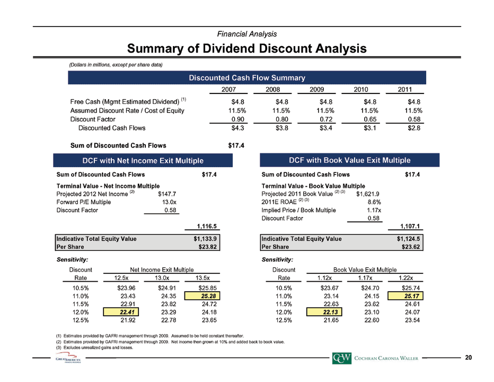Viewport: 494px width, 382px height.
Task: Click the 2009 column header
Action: (x=316, y=89)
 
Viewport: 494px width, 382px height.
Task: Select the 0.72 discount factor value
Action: (x=326, y=119)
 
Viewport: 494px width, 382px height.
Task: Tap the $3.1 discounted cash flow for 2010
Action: (x=370, y=128)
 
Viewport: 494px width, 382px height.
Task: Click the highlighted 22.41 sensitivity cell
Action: (x=121, y=312)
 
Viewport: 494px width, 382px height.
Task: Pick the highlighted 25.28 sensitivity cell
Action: (x=202, y=296)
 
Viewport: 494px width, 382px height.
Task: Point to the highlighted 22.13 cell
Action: (x=324, y=312)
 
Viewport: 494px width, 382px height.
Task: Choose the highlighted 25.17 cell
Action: (x=405, y=296)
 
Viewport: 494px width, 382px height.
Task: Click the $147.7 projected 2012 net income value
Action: (x=167, y=194)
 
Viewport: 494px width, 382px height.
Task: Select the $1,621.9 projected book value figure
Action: (x=368, y=194)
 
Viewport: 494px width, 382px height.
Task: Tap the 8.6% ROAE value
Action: (x=374, y=202)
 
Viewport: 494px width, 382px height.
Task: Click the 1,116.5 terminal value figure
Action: (x=207, y=226)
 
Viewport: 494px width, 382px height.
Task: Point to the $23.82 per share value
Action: (x=208, y=247)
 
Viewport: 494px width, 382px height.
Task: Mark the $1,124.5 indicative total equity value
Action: (x=408, y=239)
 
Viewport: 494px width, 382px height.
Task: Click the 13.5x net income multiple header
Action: (x=202, y=278)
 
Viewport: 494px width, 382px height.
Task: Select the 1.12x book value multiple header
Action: (x=324, y=278)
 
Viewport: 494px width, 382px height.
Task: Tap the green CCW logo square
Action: (x=341, y=358)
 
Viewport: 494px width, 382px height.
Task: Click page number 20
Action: (x=469, y=358)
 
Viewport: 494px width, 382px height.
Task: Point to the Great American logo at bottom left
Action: (x=68, y=359)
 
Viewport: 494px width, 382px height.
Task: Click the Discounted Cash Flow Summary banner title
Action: (x=247, y=77)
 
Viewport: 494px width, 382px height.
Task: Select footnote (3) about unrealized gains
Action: (x=94, y=348)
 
